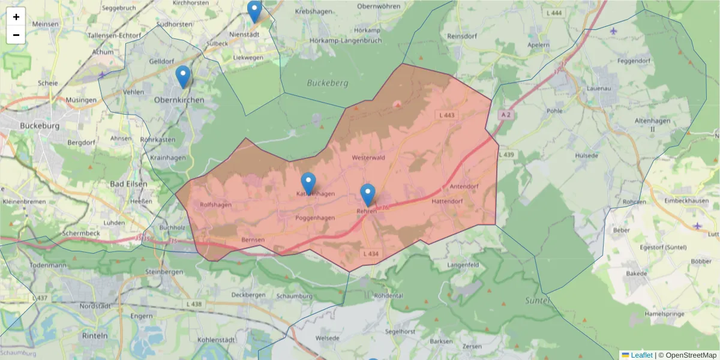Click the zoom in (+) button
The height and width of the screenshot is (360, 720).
[16, 17]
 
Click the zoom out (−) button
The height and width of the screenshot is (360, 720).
[16, 35]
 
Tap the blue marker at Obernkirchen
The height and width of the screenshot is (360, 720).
[183, 77]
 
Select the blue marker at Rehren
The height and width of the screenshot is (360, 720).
[368, 195]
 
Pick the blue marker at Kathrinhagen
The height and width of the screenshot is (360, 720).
[308, 184]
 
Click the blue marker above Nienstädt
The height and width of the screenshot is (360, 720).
[254, 11]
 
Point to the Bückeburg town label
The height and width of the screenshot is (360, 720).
[40, 126]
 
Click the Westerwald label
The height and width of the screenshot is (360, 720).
[368, 158]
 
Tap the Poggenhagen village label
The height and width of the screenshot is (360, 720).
[314, 218]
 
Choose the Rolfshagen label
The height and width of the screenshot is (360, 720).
[215, 205]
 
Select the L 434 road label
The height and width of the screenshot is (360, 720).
[371, 254]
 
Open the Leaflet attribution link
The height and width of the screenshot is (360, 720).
[641, 355]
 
